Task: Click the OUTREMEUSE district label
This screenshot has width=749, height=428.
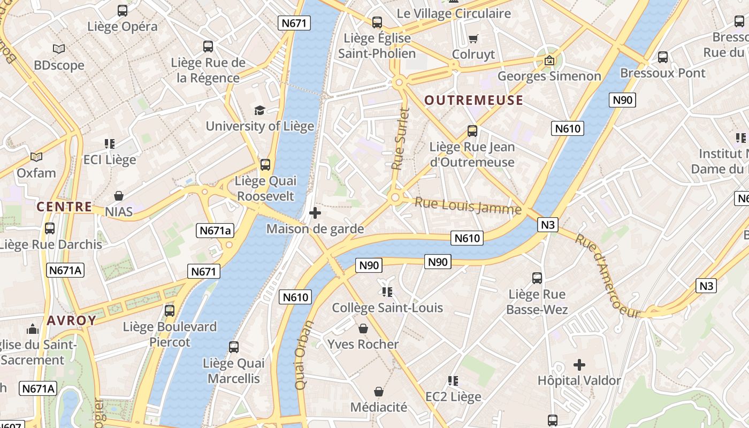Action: point(473,101)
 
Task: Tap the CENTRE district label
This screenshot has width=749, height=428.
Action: point(64,207)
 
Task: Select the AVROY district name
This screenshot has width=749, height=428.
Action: point(72,320)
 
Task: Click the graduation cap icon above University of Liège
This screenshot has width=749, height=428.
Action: point(259,110)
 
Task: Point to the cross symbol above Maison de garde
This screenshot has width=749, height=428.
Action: point(315,213)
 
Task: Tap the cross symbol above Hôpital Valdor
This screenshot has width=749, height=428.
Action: point(579,365)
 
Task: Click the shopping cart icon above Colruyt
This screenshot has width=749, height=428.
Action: point(473,39)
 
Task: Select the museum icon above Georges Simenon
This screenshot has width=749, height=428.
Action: point(549,60)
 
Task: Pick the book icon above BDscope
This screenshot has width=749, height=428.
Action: point(59,49)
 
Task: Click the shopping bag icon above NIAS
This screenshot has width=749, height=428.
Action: point(119,196)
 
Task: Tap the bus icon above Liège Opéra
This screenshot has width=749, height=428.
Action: point(123,10)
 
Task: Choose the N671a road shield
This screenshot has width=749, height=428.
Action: point(215,231)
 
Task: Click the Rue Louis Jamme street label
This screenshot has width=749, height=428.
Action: point(468,205)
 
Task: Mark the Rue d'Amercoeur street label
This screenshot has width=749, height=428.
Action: point(607,276)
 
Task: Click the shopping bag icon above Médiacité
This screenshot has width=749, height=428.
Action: point(379,392)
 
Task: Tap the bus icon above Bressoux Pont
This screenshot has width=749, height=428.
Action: point(663,57)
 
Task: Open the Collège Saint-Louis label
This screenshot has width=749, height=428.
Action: point(387,308)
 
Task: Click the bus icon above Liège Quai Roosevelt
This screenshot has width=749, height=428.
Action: point(265,165)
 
